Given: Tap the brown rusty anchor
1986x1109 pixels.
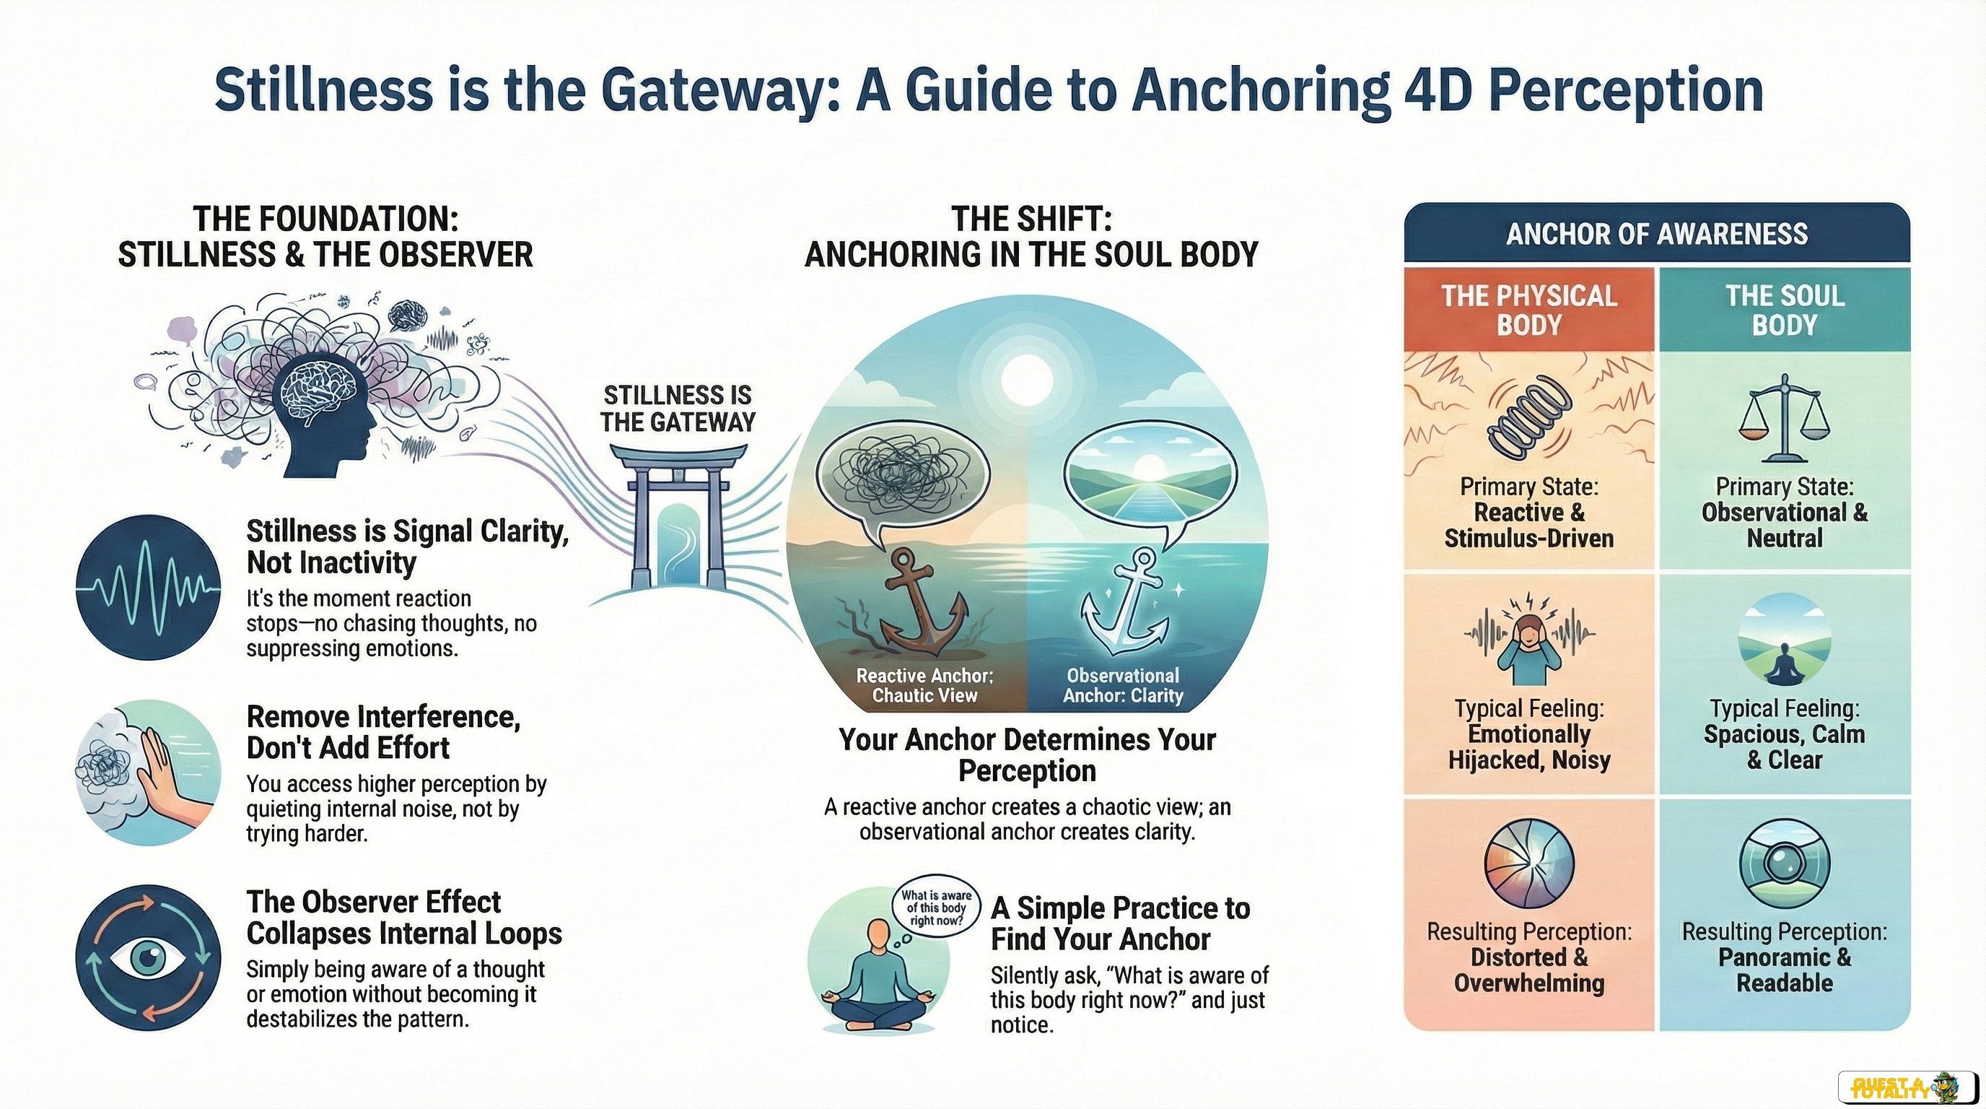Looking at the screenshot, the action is pos(921,601).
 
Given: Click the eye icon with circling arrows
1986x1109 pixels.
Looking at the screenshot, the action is pos(148,957).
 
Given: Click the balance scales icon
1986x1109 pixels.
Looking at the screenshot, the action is pos(1784,417).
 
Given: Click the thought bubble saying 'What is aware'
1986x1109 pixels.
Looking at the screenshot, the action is pos(937,908).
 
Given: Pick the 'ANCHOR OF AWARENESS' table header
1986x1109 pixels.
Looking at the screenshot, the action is pos(1657,234).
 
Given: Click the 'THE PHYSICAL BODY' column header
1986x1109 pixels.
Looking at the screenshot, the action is pos(1528,310).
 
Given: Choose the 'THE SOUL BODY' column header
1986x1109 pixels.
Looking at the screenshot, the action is pos(1785,310).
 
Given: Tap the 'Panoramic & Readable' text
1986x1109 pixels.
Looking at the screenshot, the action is pos(1785,970).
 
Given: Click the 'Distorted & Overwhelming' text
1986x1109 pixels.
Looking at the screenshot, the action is pos(1528,970).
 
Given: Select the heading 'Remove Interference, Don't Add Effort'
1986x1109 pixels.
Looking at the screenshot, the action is pos(384,733).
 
